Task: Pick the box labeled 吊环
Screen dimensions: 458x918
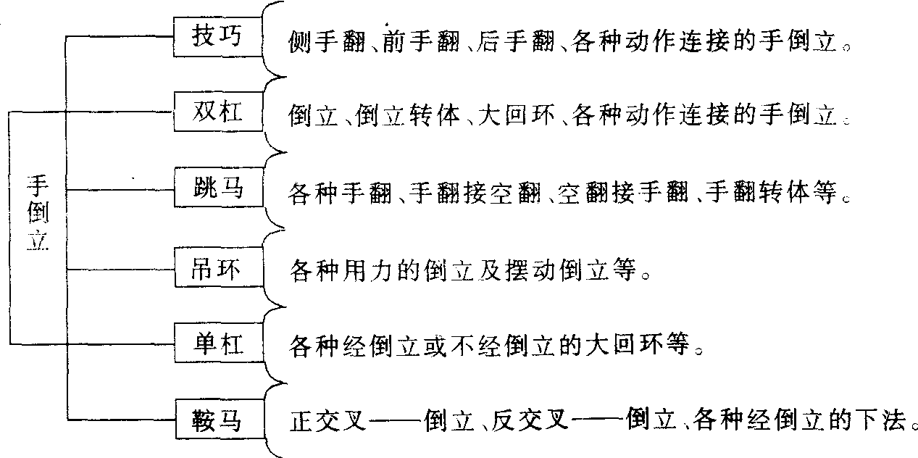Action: (x=217, y=270)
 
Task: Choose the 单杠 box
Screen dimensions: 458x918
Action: (x=217, y=343)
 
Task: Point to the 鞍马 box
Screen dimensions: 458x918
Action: (x=217, y=420)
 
